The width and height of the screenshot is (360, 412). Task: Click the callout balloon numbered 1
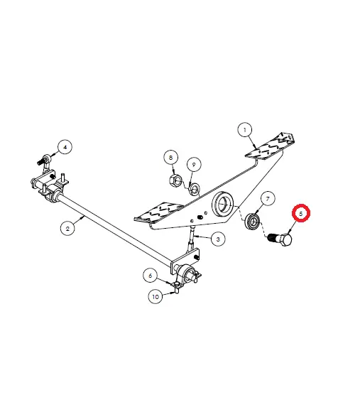(245, 130)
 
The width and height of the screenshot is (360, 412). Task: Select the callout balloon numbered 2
(67, 228)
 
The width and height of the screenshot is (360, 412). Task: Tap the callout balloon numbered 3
(218, 239)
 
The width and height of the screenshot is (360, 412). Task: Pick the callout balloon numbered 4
(65, 147)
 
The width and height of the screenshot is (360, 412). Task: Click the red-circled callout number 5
(301, 213)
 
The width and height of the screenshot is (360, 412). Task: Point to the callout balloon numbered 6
(151, 276)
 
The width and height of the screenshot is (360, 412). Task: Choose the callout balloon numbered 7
(268, 199)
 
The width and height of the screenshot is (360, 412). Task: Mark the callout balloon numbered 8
(171, 158)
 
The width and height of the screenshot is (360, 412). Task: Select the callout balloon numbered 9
(194, 165)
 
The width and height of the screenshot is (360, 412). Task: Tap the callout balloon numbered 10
(156, 297)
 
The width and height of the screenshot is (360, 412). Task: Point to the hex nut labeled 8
(175, 180)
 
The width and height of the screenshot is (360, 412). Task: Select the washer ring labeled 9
(195, 188)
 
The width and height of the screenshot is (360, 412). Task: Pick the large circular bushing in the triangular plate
(222, 204)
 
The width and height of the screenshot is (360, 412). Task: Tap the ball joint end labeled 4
(45, 160)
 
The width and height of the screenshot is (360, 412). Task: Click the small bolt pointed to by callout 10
(177, 291)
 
